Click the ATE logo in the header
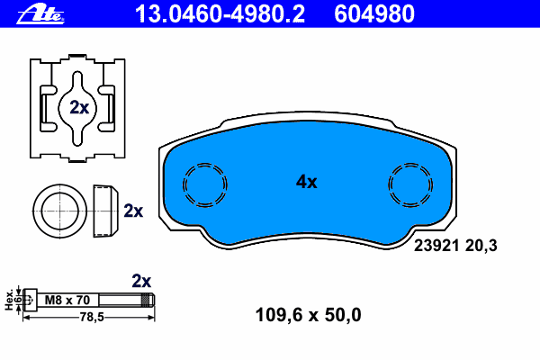point(40,14)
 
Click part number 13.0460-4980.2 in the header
point(220,14)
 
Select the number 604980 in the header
point(374,14)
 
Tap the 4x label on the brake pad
point(307,182)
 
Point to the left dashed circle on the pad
point(183,185)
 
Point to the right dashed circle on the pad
point(389,185)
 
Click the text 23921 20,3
point(455,246)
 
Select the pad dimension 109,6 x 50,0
point(308,315)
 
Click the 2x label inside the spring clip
point(79,108)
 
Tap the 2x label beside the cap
point(133,211)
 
